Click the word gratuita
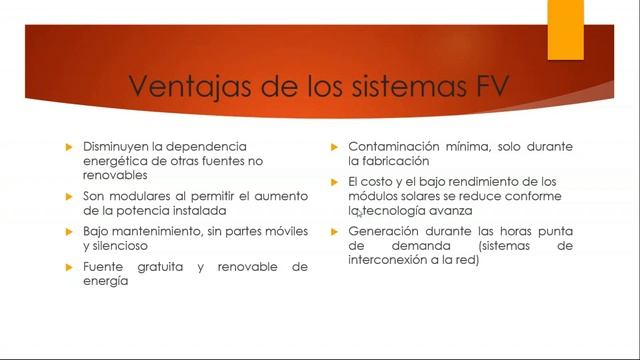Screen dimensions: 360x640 157,268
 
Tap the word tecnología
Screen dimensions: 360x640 398,211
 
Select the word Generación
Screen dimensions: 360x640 384,232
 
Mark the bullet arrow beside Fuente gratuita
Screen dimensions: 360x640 69,268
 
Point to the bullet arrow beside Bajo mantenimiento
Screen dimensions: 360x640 69,232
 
